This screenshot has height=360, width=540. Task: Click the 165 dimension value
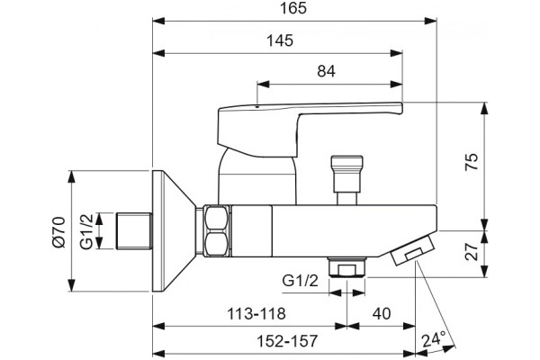tap(293, 8)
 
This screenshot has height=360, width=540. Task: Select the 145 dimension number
tap(280, 40)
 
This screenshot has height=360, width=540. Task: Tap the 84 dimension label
tap(326, 71)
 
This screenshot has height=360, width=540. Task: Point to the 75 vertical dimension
tap(472, 162)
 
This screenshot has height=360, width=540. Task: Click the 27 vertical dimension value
tap(472, 251)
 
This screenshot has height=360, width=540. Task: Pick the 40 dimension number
tap(382, 314)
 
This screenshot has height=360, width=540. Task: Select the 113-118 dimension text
tap(256, 314)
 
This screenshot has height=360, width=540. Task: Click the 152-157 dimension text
tap(287, 341)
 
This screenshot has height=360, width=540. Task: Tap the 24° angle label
tap(434, 339)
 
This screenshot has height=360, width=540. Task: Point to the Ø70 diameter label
tap(58, 232)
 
